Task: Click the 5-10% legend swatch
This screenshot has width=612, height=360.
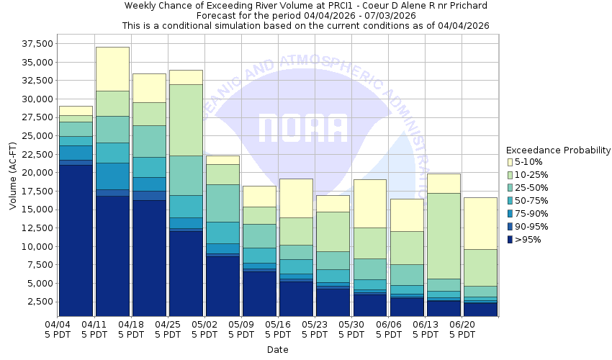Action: tap(510, 162)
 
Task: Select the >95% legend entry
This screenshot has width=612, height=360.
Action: tap(529, 240)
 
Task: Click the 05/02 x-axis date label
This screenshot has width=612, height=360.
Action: tap(205, 325)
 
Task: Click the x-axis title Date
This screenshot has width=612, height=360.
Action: tap(277, 350)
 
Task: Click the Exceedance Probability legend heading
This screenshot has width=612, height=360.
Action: tap(557, 150)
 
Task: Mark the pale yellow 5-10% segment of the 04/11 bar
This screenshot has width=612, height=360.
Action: tap(112, 68)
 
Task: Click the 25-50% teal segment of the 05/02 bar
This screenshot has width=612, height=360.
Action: tap(222, 203)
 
